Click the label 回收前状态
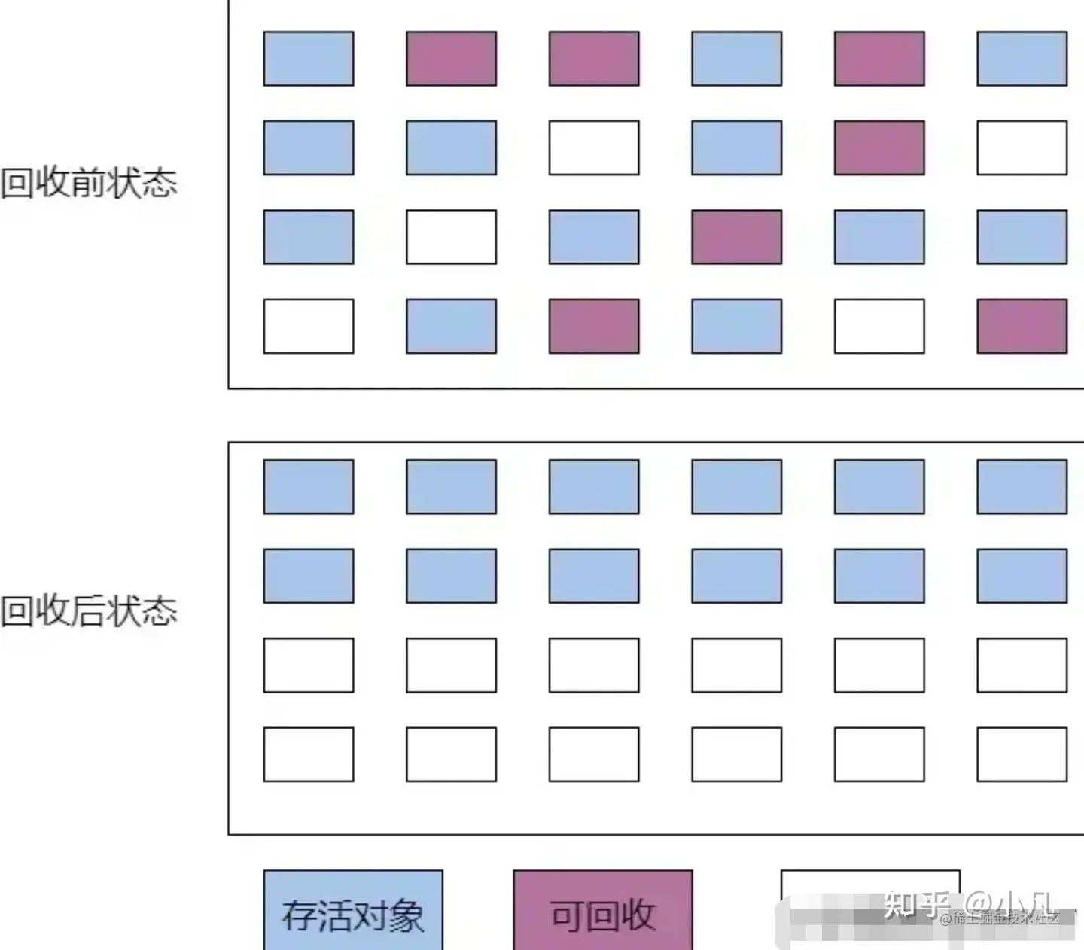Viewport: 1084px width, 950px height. coord(89,183)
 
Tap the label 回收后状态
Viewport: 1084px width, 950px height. coord(89,610)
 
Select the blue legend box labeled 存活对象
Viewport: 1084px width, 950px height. coord(353,911)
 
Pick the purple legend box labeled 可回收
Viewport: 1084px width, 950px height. coord(602,911)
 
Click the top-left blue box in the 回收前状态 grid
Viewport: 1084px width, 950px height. coord(309,59)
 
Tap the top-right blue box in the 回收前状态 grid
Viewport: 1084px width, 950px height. coord(1022,59)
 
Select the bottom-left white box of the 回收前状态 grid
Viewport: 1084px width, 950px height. coord(309,326)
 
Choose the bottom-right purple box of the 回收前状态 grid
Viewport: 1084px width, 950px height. coord(1022,326)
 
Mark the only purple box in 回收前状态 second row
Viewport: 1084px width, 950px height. coord(879,148)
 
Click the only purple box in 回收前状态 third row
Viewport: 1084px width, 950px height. coord(736,237)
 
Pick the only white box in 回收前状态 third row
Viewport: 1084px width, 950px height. coord(451,237)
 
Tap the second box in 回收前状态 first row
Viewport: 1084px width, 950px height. coord(451,59)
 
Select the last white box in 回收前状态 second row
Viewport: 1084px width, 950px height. coord(1022,148)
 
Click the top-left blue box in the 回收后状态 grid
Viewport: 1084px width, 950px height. coord(309,487)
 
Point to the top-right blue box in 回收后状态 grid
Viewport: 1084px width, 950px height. coord(1022,487)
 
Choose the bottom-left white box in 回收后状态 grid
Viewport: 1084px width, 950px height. coord(309,754)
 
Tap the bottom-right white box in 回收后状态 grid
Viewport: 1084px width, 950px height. coord(1022,754)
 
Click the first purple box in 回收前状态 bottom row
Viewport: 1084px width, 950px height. coord(594,326)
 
